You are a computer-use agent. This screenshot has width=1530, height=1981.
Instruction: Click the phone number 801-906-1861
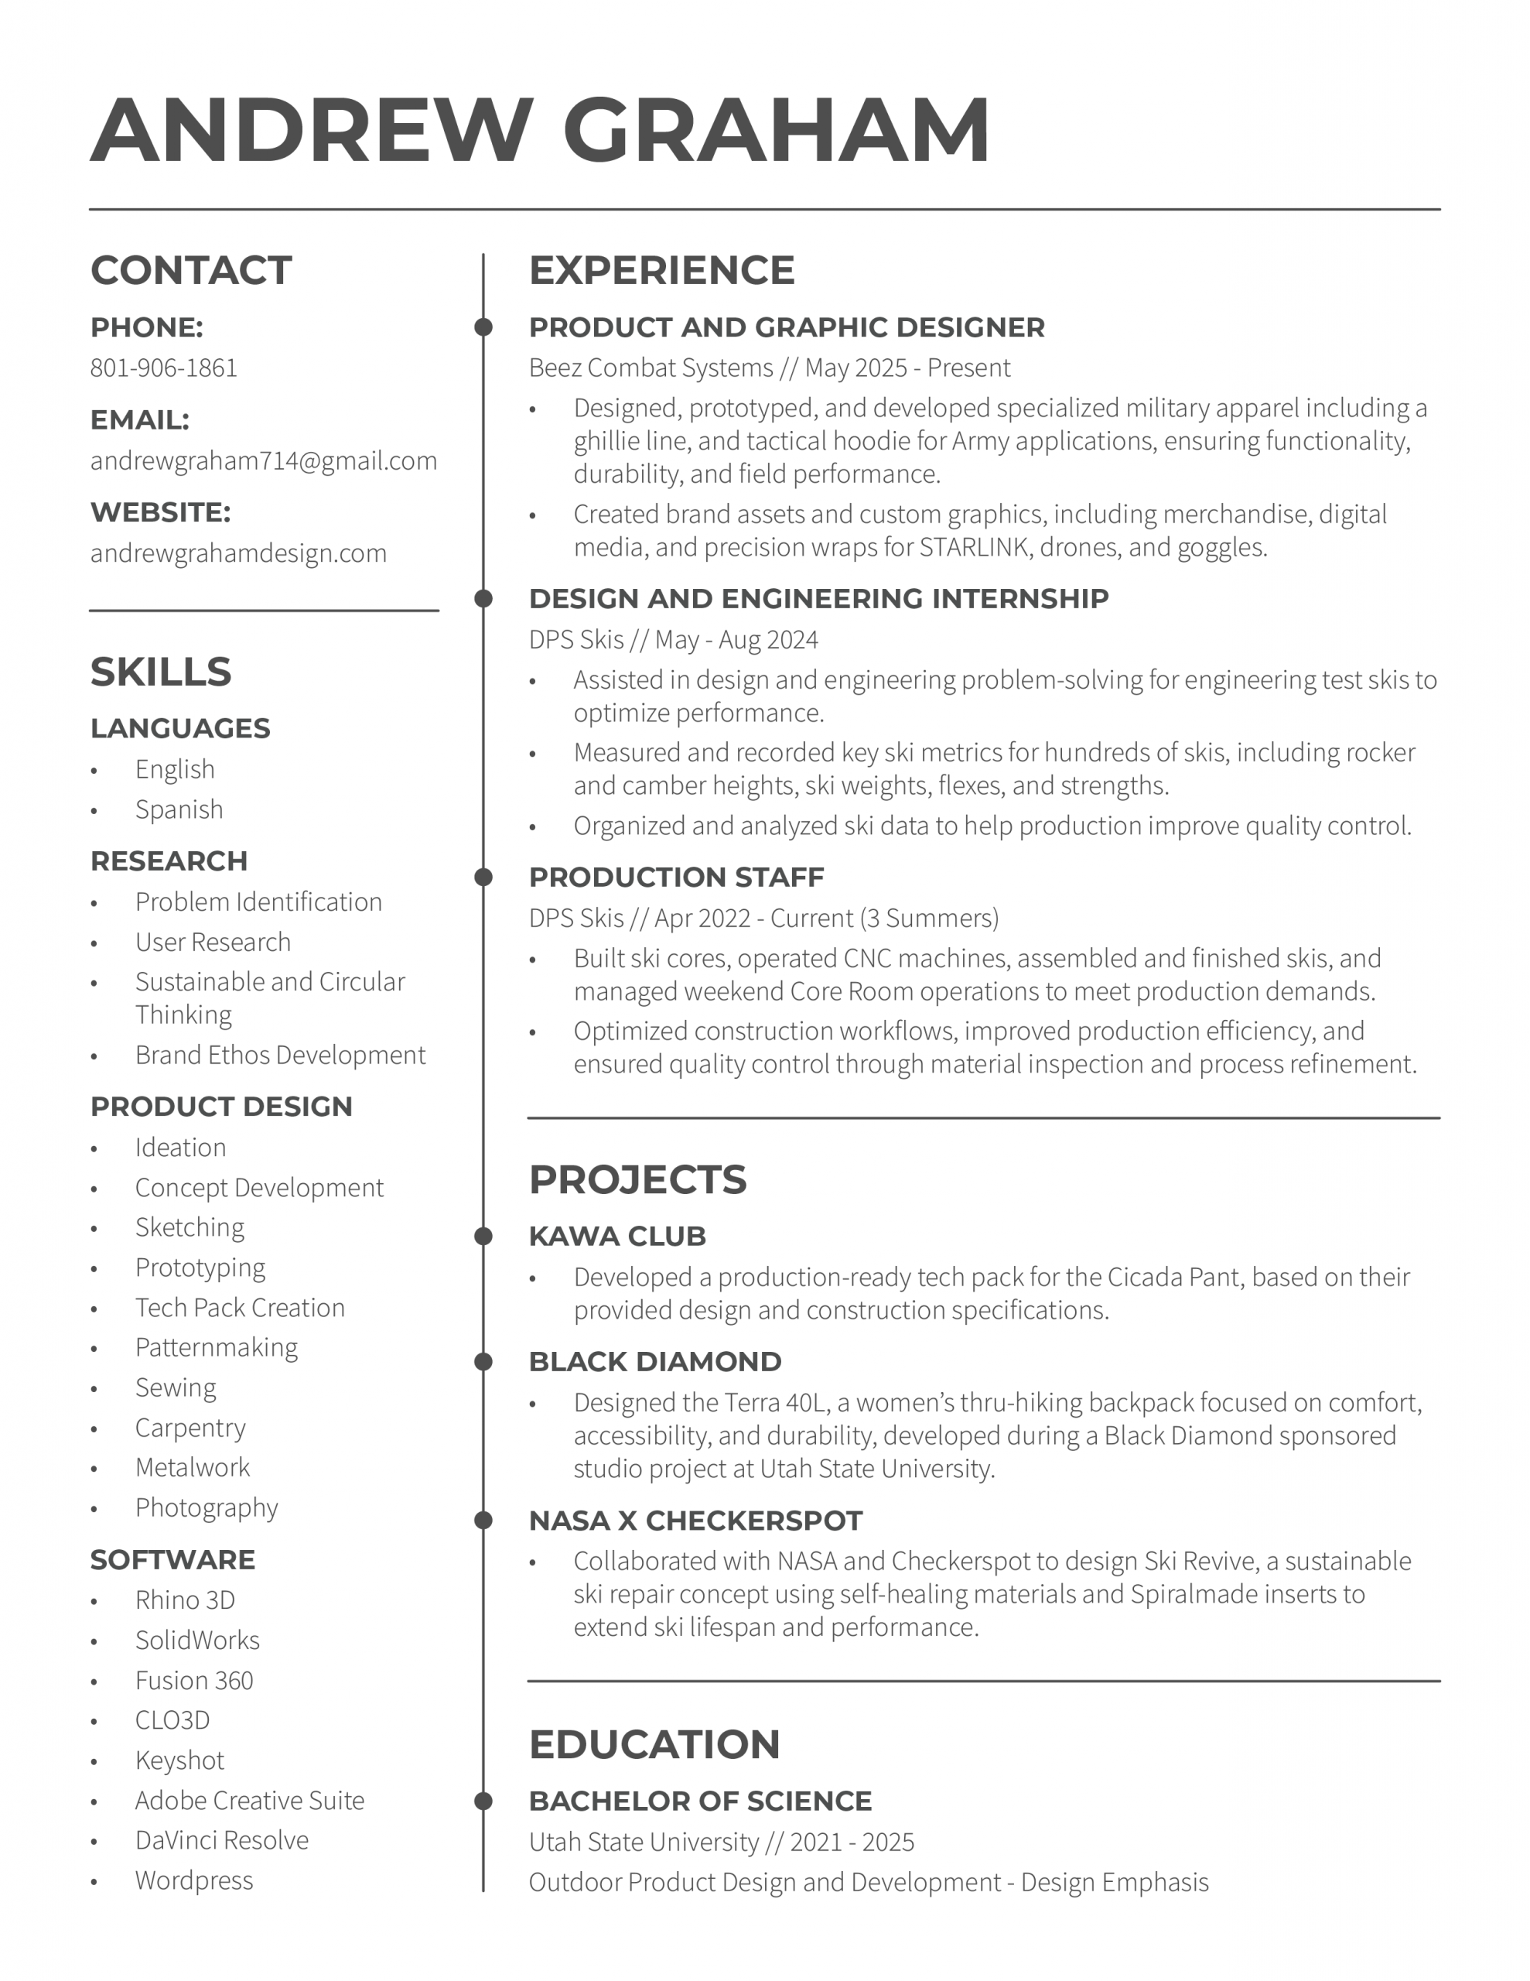click(x=163, y=368)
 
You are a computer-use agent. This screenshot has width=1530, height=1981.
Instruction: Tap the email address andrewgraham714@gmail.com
click(x=263, y=460)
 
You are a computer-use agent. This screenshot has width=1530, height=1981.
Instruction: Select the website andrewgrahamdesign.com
click(x=237, y=553)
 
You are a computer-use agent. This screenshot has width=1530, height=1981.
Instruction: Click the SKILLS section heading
click(x=161, y=672)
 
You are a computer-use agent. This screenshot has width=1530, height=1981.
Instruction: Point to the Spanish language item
click(x=179, y=809)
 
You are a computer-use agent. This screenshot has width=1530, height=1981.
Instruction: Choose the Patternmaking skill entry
click(x=216, y=1347)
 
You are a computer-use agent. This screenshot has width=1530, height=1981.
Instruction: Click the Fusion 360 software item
click(x=194, y=1680)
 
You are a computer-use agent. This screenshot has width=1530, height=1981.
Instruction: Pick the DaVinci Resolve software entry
click(x=221, y=1839)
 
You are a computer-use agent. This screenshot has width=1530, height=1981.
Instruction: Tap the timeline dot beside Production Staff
click(x=483, y=877)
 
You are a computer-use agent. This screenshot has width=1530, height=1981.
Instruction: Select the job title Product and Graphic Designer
click(x=787, y=327)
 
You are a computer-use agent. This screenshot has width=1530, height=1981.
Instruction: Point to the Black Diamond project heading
click(x=655, y=1361)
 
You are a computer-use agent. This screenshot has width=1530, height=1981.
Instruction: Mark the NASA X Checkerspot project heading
click(x=695, y=1521)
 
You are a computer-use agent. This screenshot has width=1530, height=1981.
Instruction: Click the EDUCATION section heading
click(x=654, y=1744)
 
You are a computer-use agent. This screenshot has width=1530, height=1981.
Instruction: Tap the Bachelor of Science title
click(x=700, y=1801)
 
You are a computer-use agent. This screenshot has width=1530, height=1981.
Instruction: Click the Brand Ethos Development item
click(x=279, y=1055)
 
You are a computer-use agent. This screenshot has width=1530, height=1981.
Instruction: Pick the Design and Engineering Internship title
click(x=818, y=599)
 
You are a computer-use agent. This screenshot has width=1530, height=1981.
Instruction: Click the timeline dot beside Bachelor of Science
click(x=483, y=1801)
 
